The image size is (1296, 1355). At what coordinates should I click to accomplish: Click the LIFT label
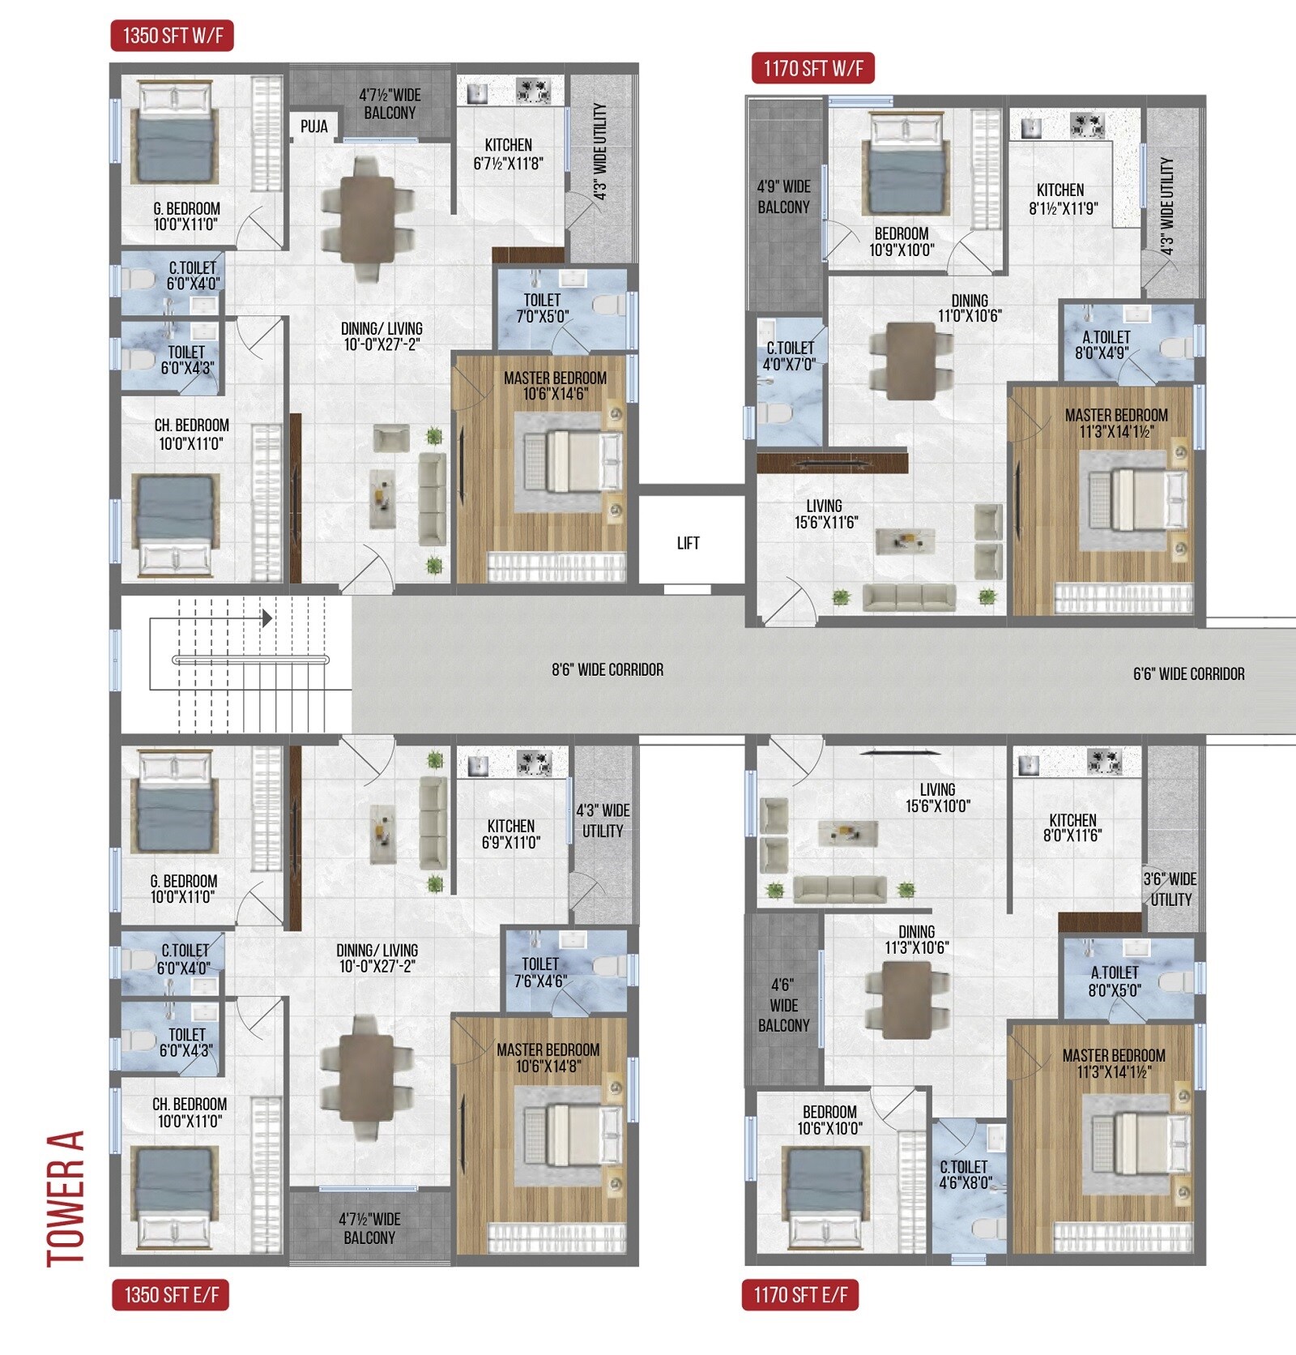pos(688,543)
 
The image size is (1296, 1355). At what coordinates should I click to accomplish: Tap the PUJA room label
pos(314,126)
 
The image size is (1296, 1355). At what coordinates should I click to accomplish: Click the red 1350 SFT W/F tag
pos(173,36)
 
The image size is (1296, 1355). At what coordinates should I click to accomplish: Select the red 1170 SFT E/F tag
pos(800,1294)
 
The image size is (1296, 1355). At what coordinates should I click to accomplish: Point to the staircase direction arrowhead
pos(266,618)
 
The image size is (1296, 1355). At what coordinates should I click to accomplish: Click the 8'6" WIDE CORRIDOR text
pos(607,669)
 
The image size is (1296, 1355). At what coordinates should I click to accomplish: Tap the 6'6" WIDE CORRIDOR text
pos(1188,673)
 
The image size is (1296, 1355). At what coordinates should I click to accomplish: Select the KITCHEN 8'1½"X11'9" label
pos(1063,199)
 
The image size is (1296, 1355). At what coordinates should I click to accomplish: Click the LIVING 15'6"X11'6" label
pos(825,514)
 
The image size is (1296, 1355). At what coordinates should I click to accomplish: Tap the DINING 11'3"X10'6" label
pos(916,939)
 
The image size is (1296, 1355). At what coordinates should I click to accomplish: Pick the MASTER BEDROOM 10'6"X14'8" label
pos(548,1058)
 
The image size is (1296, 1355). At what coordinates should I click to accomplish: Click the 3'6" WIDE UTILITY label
pos(1170,889)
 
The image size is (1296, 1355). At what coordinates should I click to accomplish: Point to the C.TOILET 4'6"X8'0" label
pos(964,1174)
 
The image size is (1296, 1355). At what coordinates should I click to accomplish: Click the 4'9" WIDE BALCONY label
pos(783,197)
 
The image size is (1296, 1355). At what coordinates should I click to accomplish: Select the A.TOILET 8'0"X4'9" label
pos(1106,344)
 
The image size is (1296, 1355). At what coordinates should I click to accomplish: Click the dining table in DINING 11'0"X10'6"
pos(910,361)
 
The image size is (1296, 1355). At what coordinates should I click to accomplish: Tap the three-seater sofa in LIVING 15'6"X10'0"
pos(839,889)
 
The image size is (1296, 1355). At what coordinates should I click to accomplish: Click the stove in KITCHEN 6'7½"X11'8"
pos(532,91)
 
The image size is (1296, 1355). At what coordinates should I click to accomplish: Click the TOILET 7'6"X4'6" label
pos(540,972)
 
